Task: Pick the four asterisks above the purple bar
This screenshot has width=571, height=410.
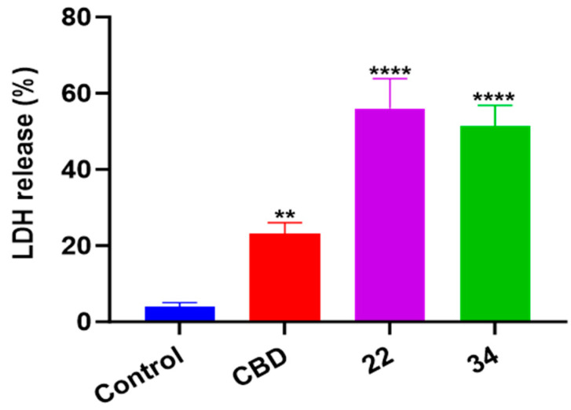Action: point(390,71)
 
